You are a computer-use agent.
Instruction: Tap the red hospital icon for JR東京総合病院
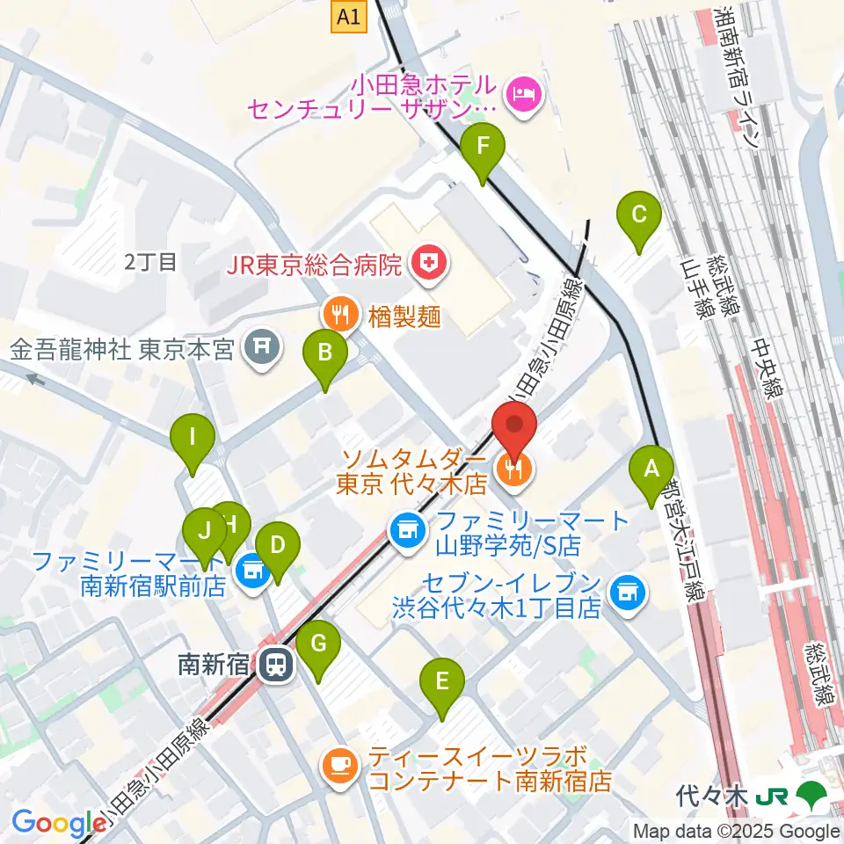point(429,262)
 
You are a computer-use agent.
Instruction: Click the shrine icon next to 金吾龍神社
point(261,349)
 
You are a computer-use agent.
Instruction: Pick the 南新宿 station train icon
point(276,665)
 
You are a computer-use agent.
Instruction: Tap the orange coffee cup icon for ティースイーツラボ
point(339,764)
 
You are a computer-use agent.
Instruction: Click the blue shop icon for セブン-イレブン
point(628,592)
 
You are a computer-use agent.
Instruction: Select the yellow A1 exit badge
point(349,16)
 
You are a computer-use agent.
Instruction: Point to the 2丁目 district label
point(151,261)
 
